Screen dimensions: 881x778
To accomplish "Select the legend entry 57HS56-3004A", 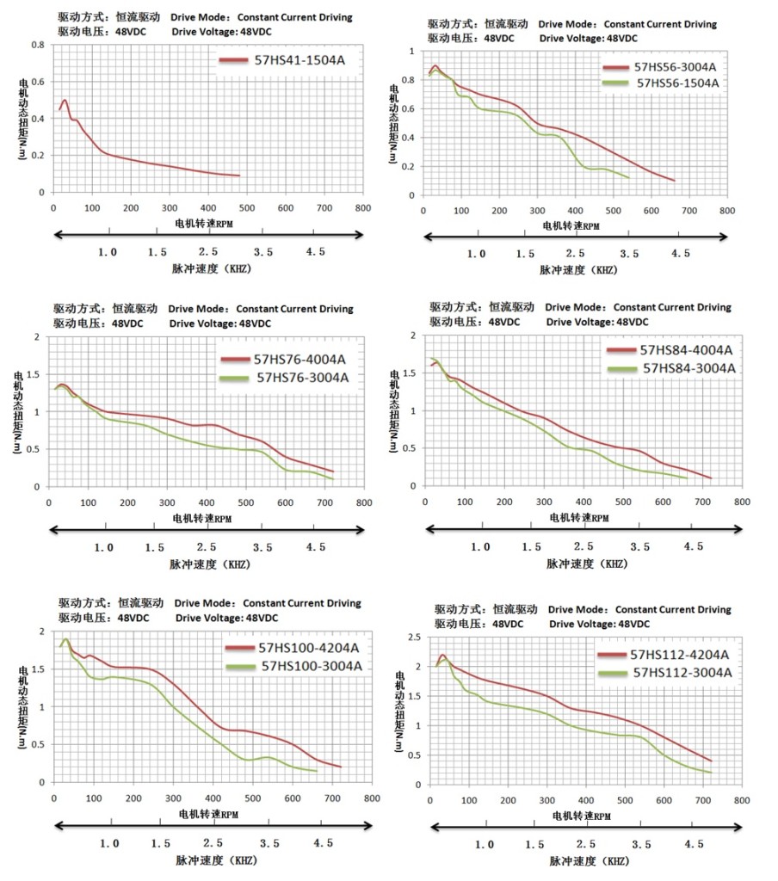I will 675,67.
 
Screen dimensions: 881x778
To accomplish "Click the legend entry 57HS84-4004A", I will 685,350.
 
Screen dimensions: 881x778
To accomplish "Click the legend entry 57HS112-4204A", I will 680,656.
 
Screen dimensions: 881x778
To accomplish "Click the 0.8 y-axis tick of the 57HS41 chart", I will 38,45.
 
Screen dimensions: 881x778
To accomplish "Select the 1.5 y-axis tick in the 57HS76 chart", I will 35,374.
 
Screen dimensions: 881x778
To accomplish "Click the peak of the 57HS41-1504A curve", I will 65,101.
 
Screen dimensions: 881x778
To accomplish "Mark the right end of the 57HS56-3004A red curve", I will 674,181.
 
